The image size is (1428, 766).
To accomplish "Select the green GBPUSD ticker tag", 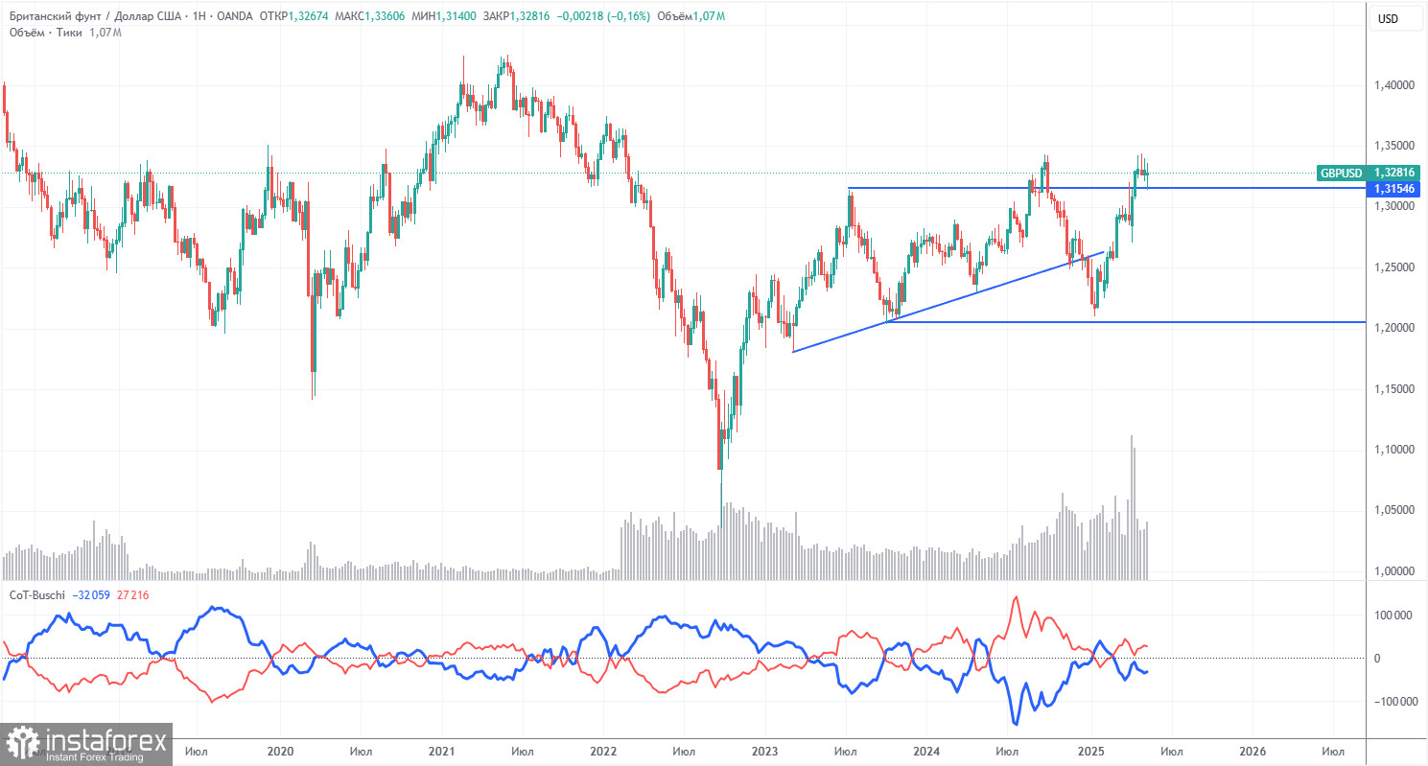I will tap(1341, 174).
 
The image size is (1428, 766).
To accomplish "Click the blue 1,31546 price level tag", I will tap(1395, 190).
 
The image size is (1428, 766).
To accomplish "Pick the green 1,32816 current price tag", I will tap(1395, 174).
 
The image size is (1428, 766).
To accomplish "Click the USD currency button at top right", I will tap(1388, 18).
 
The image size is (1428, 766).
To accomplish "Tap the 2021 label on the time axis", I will tap(442, 752).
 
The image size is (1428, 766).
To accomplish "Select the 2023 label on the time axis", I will tap(764, 752).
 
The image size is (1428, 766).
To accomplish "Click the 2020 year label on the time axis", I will tap(280, 752).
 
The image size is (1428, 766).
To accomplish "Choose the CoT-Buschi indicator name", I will tap(35, 595).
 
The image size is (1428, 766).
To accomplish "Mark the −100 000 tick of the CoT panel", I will tap(1398, 702).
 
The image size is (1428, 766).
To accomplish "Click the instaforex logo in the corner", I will tap(86, 743).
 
